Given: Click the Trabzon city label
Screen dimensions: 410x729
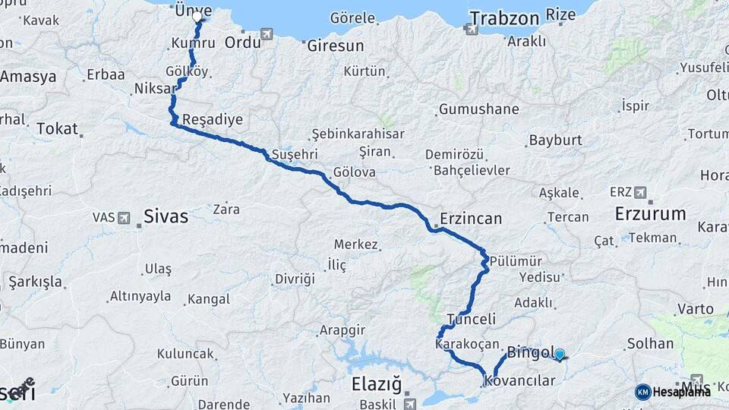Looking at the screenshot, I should pos(504,17).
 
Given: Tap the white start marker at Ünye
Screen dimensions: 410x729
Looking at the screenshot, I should pos(197,16).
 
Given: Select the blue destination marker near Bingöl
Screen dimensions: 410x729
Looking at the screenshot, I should pos(560,354).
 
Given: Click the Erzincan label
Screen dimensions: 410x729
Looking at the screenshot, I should pos(471,219).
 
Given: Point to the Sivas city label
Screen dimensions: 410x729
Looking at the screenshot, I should pos(166,216).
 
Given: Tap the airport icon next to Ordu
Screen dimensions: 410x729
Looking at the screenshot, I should pos(267,34).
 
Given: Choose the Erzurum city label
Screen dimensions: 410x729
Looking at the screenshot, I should pos(650,213).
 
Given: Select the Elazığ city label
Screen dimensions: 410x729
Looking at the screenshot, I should pos(376,383).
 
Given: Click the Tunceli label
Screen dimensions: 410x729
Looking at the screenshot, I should pos(472,319).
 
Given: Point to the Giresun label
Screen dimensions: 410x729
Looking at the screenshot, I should pos(336,46).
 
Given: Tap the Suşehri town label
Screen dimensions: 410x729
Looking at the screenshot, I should pos(294,153).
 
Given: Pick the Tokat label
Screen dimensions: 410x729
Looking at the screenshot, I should pos(57,128).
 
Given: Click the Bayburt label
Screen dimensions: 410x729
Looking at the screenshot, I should pos(555,140).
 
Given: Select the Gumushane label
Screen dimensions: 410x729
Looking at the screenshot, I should pos(479,109).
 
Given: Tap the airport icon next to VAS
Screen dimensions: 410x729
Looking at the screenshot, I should pos(124,218).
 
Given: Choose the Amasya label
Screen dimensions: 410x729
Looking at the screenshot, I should pos(28,77).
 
